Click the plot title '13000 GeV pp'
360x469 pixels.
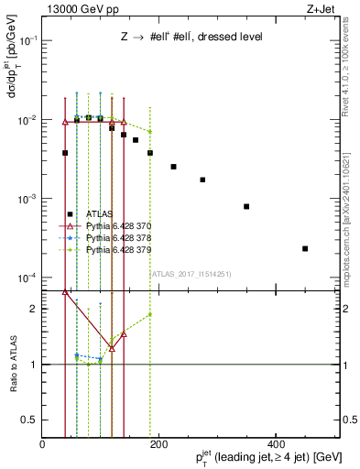pyautogui.click(x=81, y=10)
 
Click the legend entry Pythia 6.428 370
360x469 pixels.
pyautogui.click(x=115, y=225)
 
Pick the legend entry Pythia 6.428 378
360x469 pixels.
pyautogui.click(x=115, y=237)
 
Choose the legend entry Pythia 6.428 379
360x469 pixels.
pyautogui.click(x=115, y=249)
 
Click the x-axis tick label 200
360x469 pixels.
pyautogui.click(x=158, y=444)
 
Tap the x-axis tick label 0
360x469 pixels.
pyautogui.click(x=43, y=444)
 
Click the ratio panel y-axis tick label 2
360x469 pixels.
pyautogui.click(x=33, y=309)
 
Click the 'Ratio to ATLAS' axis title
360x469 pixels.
pyautogui.click(x=12, y=364)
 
